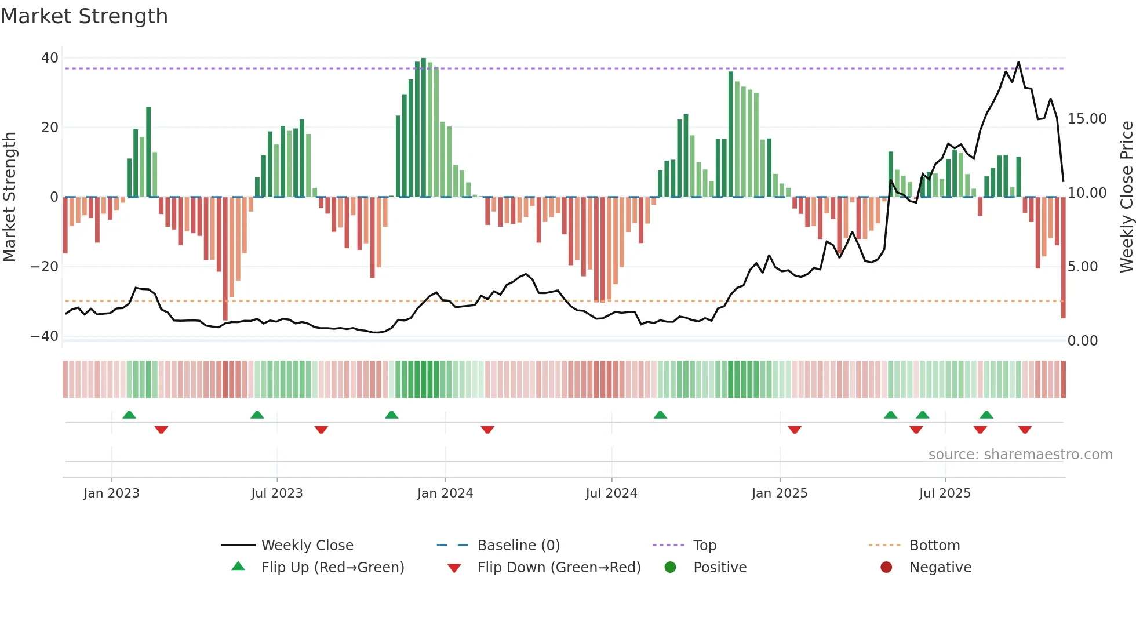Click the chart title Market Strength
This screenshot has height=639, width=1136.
click(x=84, y=16)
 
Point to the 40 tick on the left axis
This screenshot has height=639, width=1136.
click(x=50, y=58)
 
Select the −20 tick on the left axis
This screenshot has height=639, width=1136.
click(x=45, y=267)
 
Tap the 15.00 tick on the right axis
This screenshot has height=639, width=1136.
click(x=1087, y=119)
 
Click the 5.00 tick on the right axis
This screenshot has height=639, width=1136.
click(x=1082, y=267)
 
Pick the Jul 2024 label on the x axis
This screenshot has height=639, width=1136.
click(x=611, y=493)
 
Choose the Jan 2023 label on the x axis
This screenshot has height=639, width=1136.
click(x=111, y=493)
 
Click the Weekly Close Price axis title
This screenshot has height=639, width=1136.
click(x=1126, y=197)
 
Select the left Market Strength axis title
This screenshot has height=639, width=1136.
click(x=9, y=197)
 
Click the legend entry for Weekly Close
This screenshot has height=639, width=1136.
click(x=307, y=546)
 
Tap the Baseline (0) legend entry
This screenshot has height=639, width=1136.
click(x=518, y=546)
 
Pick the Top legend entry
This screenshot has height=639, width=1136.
click(x=704, y=546)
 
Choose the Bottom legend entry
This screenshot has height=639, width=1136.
click(x=934, y=546)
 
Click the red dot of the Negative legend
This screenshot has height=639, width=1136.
click(x=886, y=567)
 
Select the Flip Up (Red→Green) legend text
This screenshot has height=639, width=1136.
click(x=333, y=568)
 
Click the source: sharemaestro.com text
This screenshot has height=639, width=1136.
click(x=1020, y=455)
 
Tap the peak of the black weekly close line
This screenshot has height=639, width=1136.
click(x=1018, y=62)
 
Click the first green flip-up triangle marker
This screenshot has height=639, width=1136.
click(x=129, y=415)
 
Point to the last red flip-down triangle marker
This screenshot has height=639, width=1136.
click(x=1025, y=430)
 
